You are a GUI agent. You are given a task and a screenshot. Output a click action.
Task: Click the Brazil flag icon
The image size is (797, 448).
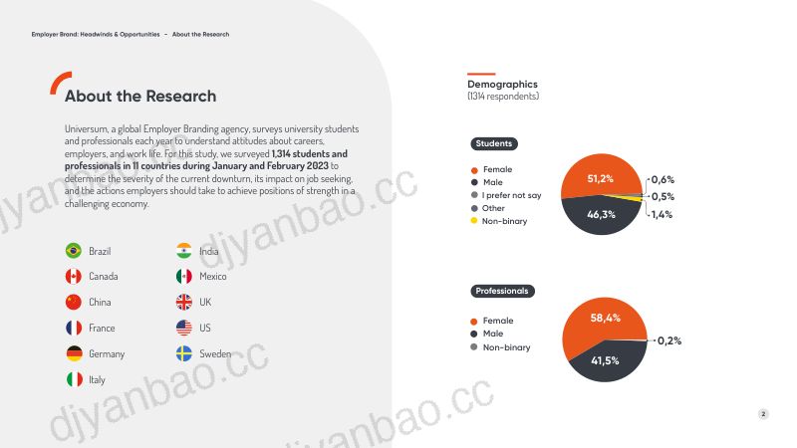coord(74,251)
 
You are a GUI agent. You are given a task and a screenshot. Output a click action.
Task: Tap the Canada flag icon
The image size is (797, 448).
coord(74,277)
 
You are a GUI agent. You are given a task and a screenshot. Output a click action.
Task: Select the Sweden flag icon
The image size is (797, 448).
coord(184,353)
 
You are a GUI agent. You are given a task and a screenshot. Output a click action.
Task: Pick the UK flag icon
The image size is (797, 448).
coord(184,303)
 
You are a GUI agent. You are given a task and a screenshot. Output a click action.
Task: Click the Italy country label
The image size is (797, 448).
coord(97,380)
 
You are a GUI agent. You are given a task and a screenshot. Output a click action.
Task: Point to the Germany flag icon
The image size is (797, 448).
coord(74,353)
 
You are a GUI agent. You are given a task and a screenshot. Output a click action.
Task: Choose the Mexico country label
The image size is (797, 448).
coord(213,277)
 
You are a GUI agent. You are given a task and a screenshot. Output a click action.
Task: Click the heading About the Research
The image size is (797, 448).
coord(140,96)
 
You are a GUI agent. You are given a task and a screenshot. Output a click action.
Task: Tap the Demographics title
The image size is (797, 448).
coord(502,85)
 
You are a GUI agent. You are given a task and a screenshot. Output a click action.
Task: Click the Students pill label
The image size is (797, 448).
coord(494,143)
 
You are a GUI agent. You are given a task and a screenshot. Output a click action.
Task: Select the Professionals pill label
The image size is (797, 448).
coord(502,291)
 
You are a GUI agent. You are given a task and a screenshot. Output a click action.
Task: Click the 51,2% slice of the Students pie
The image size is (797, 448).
coord(601,175)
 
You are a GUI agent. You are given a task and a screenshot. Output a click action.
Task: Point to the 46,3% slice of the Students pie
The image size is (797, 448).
coord(601,216)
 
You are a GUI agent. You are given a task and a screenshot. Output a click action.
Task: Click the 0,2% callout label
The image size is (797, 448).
coord(669,340)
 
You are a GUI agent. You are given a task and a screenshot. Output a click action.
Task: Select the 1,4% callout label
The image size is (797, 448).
coord(662,214)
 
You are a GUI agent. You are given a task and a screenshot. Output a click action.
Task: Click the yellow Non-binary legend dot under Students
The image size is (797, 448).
coord(474,220)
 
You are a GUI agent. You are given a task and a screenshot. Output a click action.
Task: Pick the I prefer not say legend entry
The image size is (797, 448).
coord(506,195)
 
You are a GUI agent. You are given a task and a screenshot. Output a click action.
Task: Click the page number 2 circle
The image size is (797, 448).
coord(763,414)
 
